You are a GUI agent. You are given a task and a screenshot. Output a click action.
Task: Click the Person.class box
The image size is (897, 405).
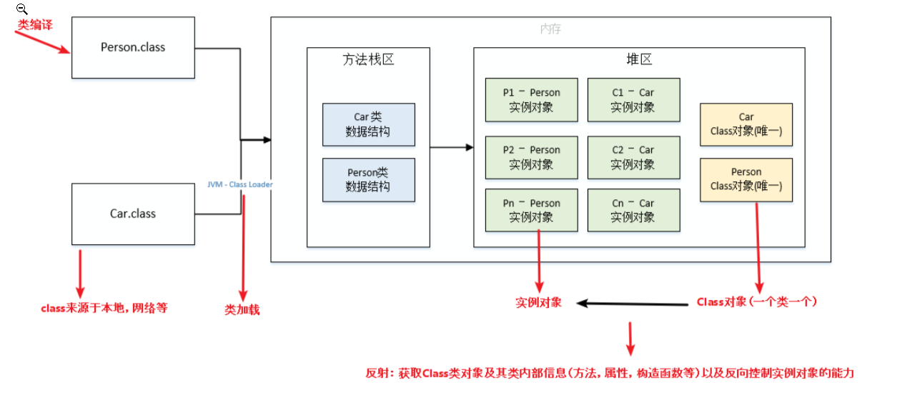(133, 48)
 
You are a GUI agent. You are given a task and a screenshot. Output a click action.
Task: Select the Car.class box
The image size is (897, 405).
(133, 214)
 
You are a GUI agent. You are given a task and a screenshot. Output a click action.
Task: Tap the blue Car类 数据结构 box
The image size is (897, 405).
(368, 124)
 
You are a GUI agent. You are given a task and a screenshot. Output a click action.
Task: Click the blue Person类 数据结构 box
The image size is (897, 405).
(368, 179)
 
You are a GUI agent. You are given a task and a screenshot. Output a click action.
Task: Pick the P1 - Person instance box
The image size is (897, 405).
(531, 100)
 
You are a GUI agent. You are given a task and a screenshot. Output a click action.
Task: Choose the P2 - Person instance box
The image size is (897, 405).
(531, 157)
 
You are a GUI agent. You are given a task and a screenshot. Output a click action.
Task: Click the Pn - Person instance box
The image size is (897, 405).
(531, 211)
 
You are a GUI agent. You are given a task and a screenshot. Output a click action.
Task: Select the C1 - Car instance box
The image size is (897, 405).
(633, 100)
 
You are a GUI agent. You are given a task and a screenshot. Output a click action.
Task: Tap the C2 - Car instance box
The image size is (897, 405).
(633, 157)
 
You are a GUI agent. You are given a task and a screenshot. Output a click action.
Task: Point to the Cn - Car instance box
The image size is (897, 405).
(633, 211)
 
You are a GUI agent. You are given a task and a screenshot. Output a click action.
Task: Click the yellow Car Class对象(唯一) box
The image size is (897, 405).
(746, 124)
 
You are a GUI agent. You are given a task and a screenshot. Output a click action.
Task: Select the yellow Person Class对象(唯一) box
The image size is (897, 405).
(746, 179)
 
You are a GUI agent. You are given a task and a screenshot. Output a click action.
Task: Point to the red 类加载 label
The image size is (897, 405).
(242, 310)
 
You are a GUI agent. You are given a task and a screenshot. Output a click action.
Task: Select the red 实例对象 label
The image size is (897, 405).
(539, 302)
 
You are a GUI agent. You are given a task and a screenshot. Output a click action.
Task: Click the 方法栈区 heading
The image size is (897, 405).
(368, 60)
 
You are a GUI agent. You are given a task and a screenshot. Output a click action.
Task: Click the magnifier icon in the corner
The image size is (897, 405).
(21, 9)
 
